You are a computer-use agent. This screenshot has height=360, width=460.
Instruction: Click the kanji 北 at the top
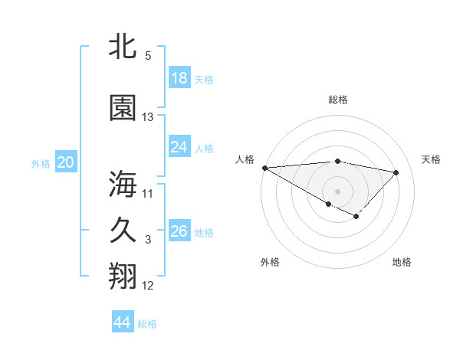(x=123, y=47)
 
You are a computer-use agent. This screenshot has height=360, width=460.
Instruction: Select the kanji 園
(x=123, y=108)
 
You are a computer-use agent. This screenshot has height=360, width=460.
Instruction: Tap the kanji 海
(x=123, y=184)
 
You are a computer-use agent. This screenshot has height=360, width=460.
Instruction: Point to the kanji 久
(x=123, y=231)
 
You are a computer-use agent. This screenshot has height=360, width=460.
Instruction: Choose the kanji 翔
(x=123, y=277)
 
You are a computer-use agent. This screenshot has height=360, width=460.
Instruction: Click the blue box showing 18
(x=179, y=78)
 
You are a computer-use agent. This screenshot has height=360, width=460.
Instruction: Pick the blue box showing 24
(x=179, y=147)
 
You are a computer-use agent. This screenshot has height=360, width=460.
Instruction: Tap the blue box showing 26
(x=179, y=231)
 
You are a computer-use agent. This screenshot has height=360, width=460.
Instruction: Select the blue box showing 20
(x=66, y=162)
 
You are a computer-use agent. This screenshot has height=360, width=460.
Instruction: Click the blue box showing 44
(x=123, y=322)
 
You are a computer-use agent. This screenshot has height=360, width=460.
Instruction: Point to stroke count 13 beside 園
(x=148, y=117)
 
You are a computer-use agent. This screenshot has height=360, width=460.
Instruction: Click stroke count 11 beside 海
(x=148, y=193)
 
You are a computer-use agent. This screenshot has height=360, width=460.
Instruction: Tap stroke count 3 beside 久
(x=148, y=240)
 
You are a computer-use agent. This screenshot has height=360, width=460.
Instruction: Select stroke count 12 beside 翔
(x=148, y=286)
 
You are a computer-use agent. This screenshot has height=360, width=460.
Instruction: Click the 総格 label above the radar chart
(x=338, y=100)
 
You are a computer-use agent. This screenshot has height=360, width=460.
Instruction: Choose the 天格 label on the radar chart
(x=431, y=159)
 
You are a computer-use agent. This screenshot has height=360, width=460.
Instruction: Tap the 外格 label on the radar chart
(x=270, y=262)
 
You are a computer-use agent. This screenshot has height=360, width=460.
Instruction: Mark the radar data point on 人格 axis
(x=264, y=167)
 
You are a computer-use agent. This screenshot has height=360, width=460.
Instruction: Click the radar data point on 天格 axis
(x=396, y=172)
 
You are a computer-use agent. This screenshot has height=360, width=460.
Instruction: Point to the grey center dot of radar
(x=337, y=191)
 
